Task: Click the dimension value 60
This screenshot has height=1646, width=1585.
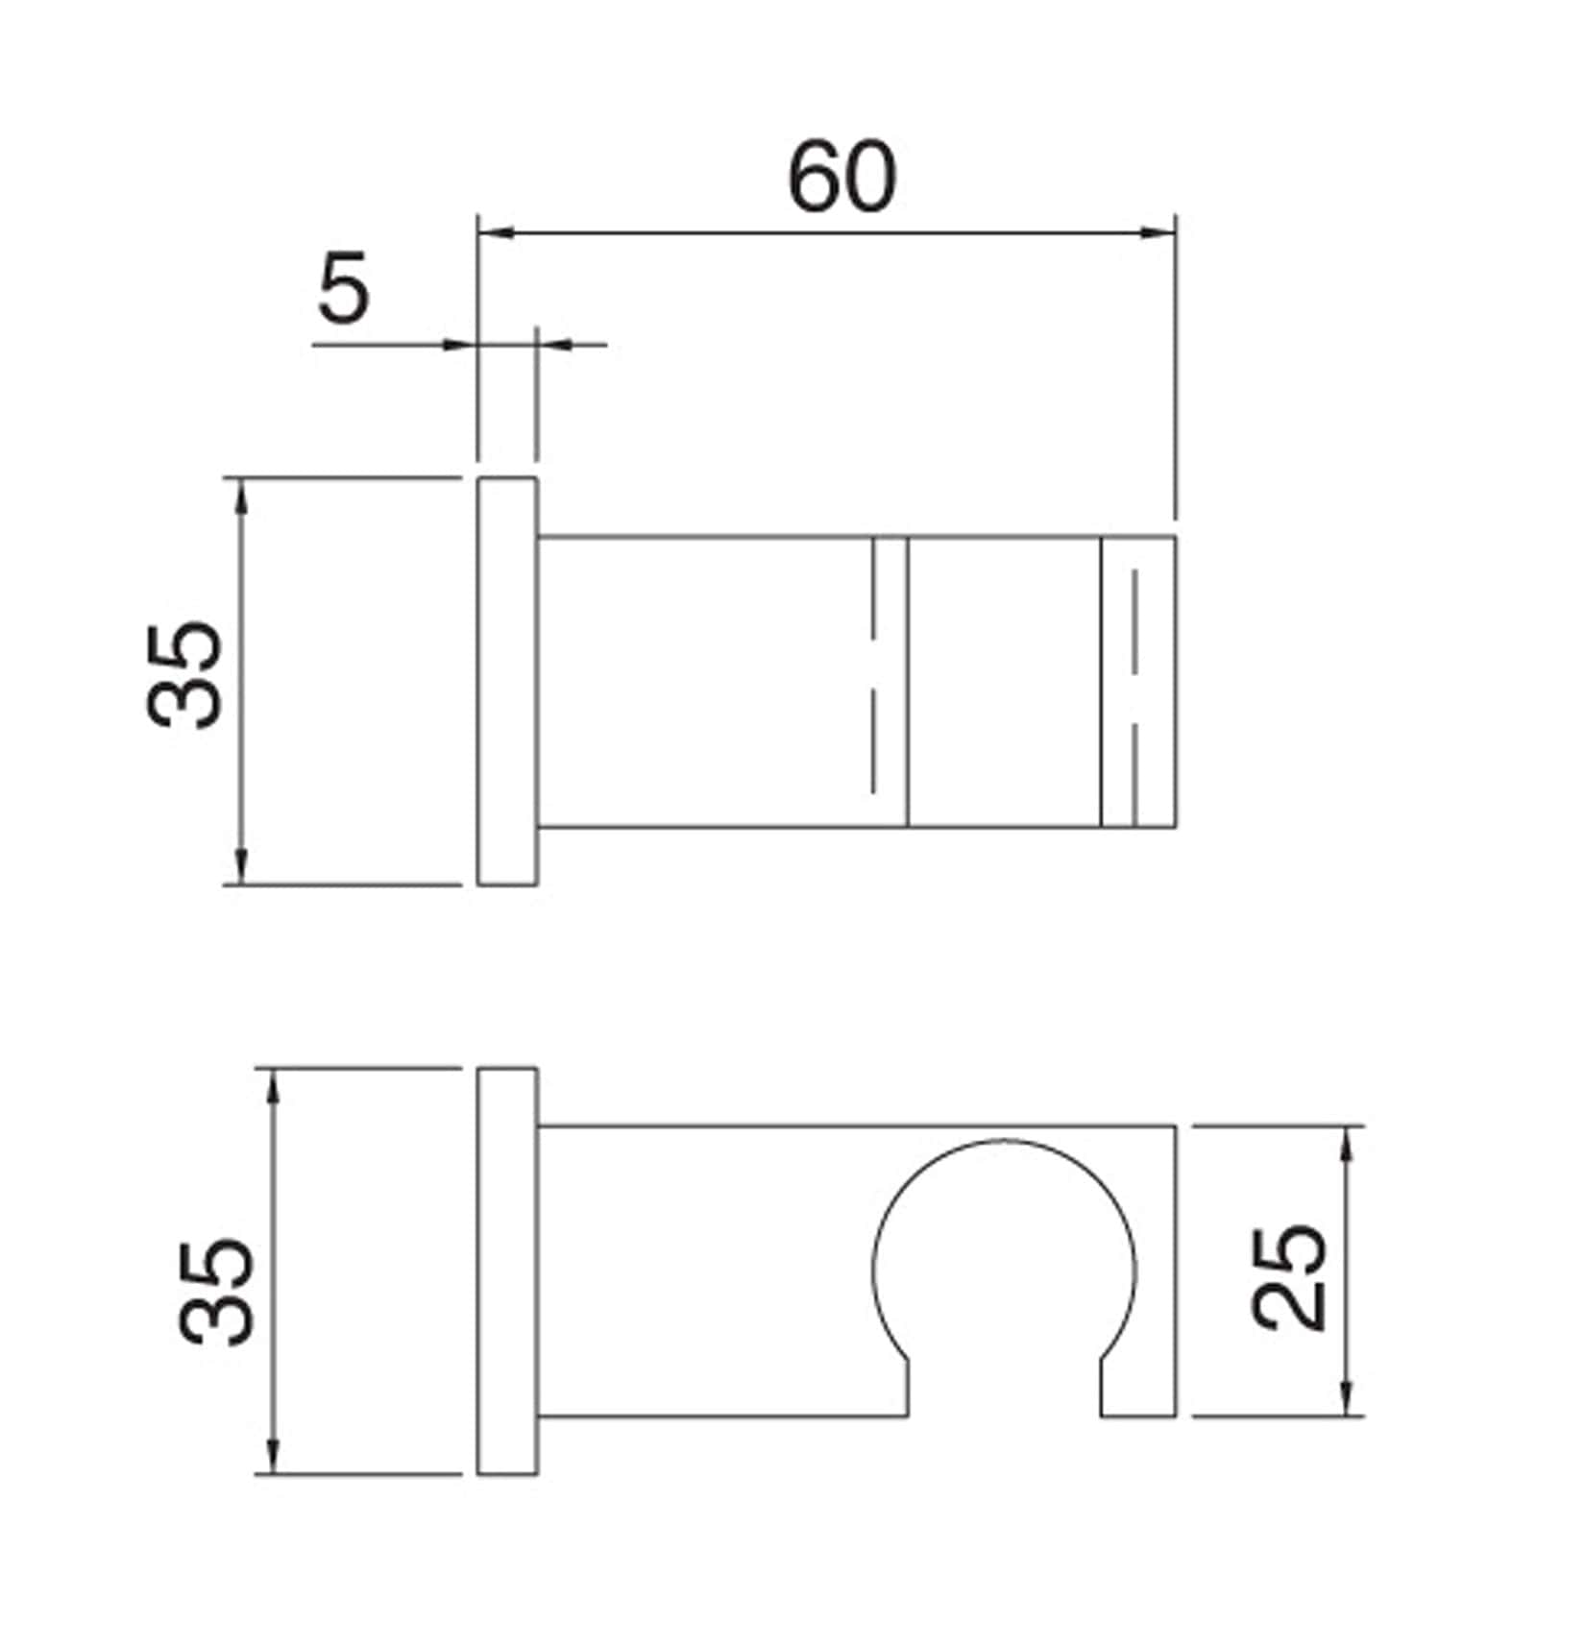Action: (x=841, y=179)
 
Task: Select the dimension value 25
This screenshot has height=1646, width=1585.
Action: (x=1289, y=1277)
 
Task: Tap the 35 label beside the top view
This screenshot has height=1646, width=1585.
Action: (x=185, y=675)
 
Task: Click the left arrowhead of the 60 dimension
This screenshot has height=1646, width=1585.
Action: (x=496, y=232)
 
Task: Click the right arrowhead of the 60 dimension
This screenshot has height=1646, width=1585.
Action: (x=1158, y=232)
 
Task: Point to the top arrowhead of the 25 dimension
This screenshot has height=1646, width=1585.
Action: (x=1346, y=1142)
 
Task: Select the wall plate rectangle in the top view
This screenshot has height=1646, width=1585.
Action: (x=507, y=681)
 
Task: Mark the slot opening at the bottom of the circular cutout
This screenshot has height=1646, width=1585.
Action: (x=1004, y=1388)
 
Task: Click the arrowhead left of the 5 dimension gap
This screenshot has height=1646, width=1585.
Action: (x=459, y=344)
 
